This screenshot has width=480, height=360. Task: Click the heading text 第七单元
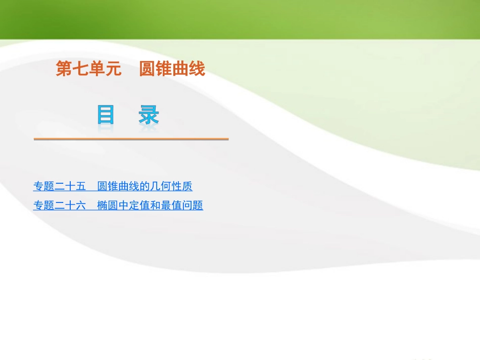coord(88,69)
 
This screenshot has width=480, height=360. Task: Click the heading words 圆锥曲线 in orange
coord(172,69)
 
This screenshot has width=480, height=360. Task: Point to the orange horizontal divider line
coord(131,138)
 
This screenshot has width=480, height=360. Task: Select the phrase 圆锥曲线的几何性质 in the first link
coord(145,186)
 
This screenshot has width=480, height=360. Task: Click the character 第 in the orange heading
coord(64,69)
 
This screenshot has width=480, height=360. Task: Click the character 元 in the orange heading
coord(114,69)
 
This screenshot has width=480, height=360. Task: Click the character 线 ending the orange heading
coord(197,69)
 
